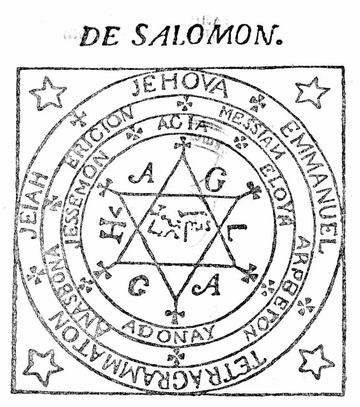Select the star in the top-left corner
pos(48,94)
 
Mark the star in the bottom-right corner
pos(316,361)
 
